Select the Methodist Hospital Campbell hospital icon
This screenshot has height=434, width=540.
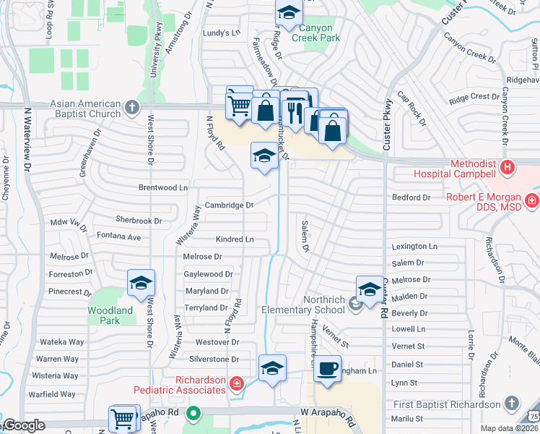point(508,168)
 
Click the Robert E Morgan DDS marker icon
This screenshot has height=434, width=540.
point(532,200)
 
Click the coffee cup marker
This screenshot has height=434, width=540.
point(327,367)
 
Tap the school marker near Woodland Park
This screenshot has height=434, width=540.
point(141,283)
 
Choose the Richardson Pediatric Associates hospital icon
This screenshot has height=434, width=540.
point(236,383)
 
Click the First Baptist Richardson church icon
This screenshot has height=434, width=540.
point(511,404)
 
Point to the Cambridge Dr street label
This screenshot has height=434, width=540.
point(229,205)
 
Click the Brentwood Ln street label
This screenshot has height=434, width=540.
point(162,187)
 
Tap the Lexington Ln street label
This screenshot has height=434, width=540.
point(414,247)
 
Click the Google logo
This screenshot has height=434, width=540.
point(23,425)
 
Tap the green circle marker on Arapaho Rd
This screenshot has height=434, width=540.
point(193,414)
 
